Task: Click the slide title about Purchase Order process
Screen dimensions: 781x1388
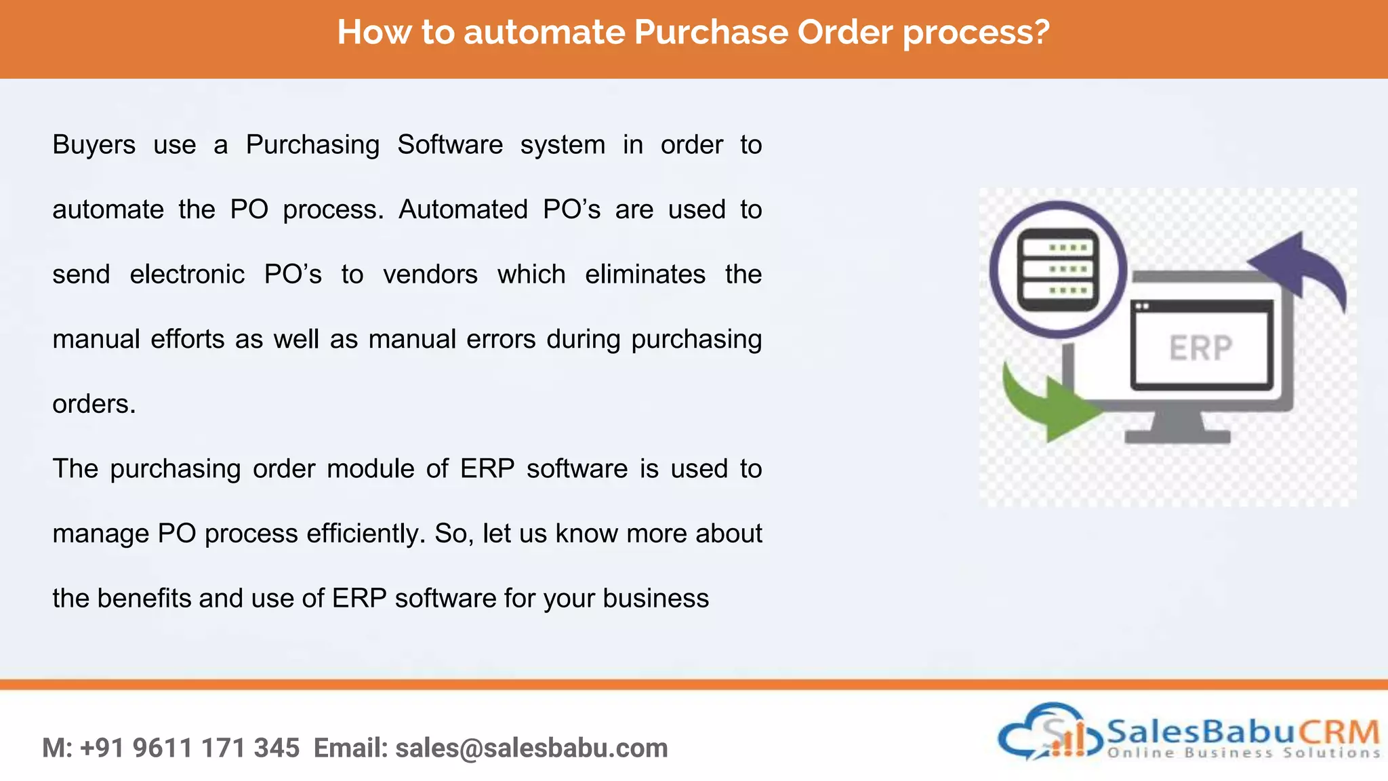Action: (x=693, y=33)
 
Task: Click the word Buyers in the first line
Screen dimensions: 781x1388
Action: (x=94, y=145)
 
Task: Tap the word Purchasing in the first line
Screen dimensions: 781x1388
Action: (x=312, y=145)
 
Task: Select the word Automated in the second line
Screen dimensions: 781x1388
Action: (x=463, y=209)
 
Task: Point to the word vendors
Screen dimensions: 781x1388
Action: (x=430, y=275)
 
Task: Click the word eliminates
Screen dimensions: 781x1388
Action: (x=645, y=275)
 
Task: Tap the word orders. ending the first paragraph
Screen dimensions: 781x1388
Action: (x=94, y=404)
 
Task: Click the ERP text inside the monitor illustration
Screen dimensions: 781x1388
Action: (x=1200, y=348)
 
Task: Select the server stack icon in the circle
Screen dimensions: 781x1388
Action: (x=1057, y=269)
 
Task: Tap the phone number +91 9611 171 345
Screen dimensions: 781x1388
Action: (x=190, y=748)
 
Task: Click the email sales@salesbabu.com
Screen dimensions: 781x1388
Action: (x=531, y=748)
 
